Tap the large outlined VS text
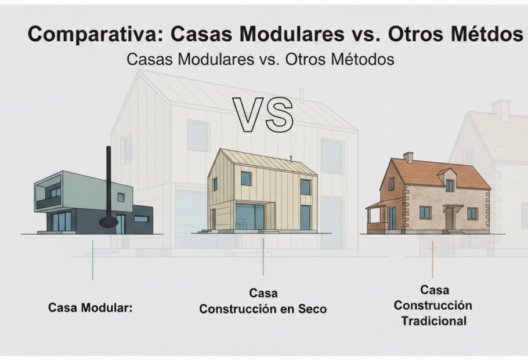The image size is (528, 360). (x=263, y=115)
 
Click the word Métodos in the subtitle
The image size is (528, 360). (x=362, y=60)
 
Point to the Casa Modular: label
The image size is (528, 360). (x=91, y=307)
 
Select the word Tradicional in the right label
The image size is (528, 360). (x=434, y=321)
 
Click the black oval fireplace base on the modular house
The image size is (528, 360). (x=109, y=222)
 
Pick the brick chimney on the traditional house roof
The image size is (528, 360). (x=408, y=158)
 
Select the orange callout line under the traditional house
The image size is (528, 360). (x=433, y=259)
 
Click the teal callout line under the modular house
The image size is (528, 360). (x=93, y=260)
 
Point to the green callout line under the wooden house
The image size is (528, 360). (x=263, y=256)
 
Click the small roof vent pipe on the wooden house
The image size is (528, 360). (x=291, y=159)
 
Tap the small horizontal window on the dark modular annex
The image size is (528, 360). (x=141, y=219)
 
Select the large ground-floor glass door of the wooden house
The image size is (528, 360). (x=250, y=217)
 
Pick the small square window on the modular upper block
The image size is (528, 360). (x=121, y=198)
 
